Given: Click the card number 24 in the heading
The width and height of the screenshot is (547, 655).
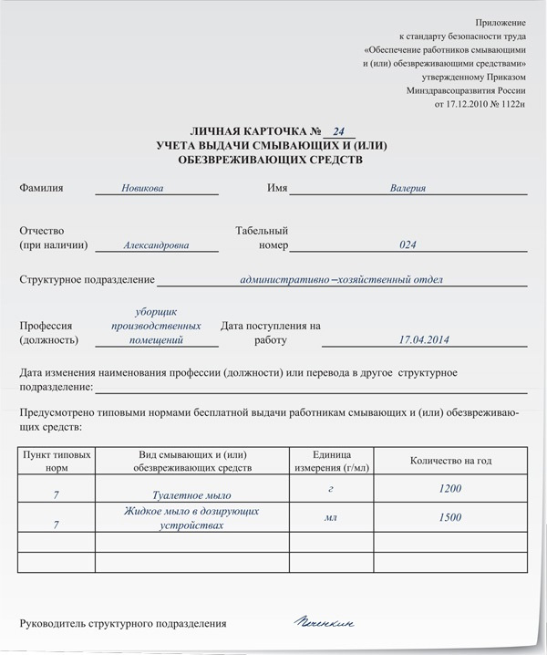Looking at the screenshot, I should pyautogui.click(x=338, y=132).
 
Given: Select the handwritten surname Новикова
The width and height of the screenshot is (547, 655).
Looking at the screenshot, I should pyautogui.click(x=142, y=189).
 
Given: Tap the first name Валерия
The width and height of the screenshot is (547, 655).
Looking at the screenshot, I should pyautogui.click(x=408, y=189).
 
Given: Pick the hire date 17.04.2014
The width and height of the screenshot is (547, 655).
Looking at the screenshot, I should pyautogui.click(x=424, y=340).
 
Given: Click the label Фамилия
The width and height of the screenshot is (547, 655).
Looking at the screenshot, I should pyautogui.click(x=41, y=189).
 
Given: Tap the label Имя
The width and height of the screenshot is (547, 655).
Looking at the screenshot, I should pyautogui.click(x=277, y=189).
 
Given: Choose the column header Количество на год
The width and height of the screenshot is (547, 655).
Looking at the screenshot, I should pyautogui.click(x=450, y=461).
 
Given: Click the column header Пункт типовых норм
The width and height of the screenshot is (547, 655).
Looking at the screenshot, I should pyautogui.click(x=57, y=461).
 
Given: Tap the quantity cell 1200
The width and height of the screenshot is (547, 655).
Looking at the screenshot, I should pyautogui.click(x=450, y=489).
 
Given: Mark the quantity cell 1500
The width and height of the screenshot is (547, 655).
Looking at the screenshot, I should pyautogui.click(x=450, y=517).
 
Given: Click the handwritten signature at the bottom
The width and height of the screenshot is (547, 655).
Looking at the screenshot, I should pyautogui.click(x=324, y=623).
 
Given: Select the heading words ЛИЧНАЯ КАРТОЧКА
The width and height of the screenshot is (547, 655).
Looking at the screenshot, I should pyautogui.click(x=244, y=132).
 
